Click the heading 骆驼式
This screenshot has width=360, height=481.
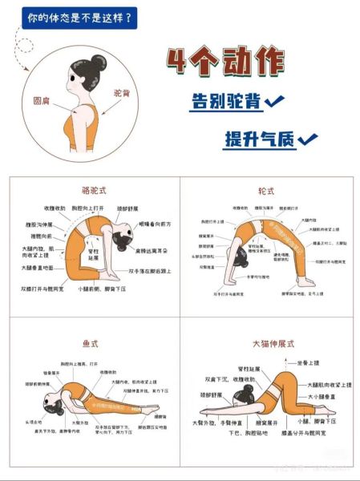point(93,191)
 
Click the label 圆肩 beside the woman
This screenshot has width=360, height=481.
point(42,101)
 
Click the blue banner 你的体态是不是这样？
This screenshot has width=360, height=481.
point(79,16)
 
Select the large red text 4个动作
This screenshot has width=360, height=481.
point(225,64)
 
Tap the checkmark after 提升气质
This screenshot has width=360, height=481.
point(307,140)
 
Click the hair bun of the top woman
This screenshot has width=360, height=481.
point(97,62)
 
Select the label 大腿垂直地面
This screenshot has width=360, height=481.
point(37,267)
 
